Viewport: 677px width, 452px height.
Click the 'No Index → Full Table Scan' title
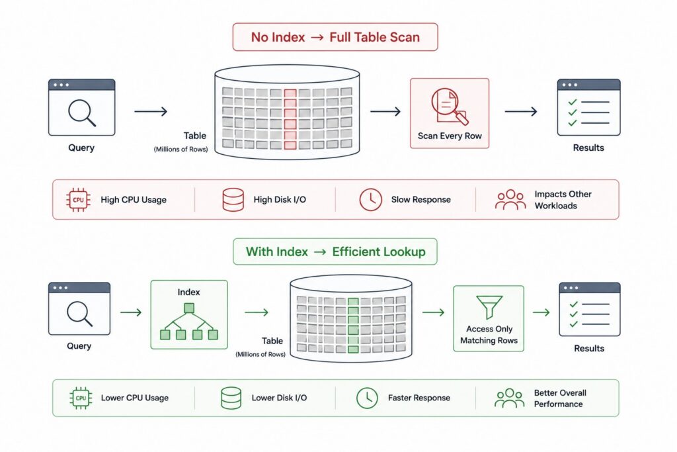click(335, 37)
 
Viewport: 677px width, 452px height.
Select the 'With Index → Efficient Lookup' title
click(335, 251)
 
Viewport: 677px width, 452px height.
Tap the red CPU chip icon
click(78, 200)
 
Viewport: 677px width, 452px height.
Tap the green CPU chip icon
click(81, 398)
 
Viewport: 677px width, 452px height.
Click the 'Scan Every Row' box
click(450, 113)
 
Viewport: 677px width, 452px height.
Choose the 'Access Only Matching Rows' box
click(489, 318)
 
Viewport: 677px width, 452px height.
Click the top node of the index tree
click(189, 308)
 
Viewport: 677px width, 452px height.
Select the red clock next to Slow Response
click(370, 200)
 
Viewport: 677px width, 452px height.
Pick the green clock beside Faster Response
click(367, 398)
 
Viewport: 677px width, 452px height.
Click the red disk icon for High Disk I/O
click(233, 200)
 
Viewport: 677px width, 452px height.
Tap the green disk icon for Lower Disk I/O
click(231, 398)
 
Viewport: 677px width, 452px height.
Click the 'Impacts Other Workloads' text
click(563, 200)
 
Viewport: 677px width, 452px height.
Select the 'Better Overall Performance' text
click(560, 398)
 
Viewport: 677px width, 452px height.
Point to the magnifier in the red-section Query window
click(81, 113)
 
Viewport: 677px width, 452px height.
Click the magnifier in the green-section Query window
click(79, 313)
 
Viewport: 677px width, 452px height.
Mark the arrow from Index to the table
click(257, 312)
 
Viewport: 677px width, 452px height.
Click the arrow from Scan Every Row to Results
click(521, 111)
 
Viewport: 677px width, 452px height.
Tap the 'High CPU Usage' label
click(134, 200)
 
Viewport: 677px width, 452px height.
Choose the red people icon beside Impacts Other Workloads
click(510, 200)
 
